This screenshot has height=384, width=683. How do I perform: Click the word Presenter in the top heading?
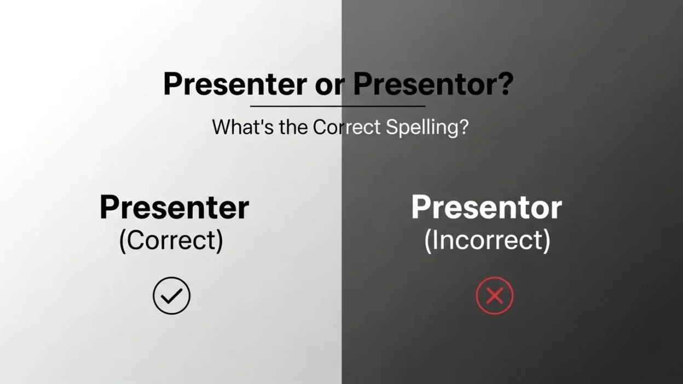point(235,84)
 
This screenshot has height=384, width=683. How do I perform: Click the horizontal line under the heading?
point(338,106)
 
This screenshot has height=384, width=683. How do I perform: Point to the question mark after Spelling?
point(464,127)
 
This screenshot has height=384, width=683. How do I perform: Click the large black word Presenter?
point(174,208)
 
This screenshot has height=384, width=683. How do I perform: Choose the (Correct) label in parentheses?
point(171,241)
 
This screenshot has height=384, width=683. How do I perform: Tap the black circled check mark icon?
point(171,296)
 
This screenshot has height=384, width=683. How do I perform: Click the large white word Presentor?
point(487,208)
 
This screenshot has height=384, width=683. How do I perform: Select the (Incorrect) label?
point(487,241)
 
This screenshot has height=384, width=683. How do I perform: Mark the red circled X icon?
point(495,296)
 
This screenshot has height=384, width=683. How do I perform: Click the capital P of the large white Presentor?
point(420,208)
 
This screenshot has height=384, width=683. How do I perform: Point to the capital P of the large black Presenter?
point(108,208)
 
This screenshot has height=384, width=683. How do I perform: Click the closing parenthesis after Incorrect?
point(547,241)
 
